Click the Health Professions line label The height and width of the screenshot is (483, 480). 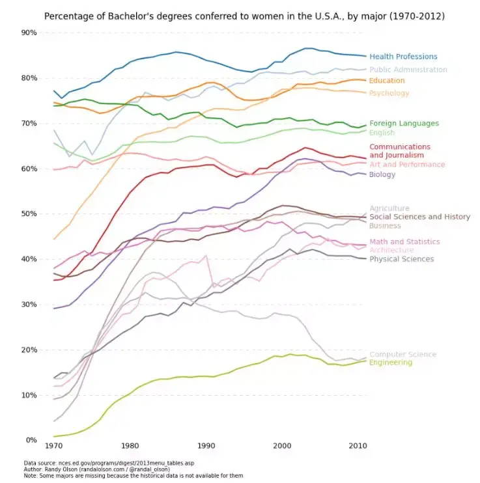click(403, 57)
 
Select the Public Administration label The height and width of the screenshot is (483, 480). click(408, 70)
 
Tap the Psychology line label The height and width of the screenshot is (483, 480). click(389, 93)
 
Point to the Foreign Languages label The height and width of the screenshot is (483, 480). click(404, 123)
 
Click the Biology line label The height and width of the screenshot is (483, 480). click(382, 174)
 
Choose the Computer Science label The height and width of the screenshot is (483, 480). click(402, 355)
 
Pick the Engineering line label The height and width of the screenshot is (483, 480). click(390, 363)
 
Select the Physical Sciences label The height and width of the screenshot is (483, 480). click(401, 259)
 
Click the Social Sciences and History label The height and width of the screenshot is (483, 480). click(419, 217)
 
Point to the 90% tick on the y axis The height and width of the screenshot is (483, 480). click(29, 33)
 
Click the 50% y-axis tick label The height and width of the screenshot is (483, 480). click(29, 214)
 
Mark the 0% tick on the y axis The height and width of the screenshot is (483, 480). click(31, 440)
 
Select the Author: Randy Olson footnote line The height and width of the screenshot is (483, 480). click(96, 469)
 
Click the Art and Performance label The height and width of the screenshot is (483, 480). click(407, 165)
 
